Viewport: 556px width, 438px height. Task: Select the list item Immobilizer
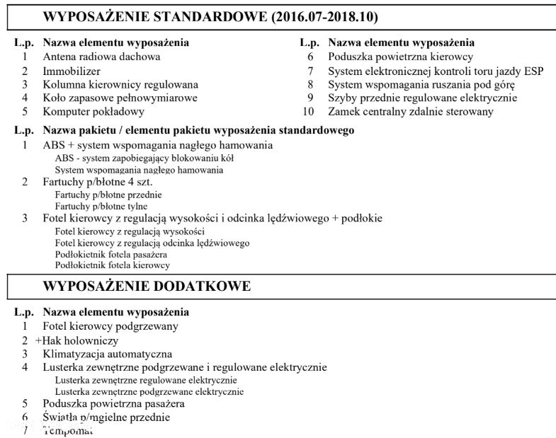(x=72, y=71)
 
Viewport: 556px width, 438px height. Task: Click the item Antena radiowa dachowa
(x=101, y=57)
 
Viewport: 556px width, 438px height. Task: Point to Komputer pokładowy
(x=93, y=111)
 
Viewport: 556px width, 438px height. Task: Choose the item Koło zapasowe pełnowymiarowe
(x=120, y=98)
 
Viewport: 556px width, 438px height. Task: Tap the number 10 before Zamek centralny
(x=307, y=111)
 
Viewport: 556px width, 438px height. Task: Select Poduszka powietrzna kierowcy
(x=401, y=57)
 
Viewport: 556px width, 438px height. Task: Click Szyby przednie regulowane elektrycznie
(x=422, y=98)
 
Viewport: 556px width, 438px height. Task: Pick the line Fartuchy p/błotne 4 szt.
(x=98, y=182)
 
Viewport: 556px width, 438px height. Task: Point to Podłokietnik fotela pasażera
(x=110, y=254)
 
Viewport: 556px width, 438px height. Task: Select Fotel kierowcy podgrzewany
(x=110, y=326)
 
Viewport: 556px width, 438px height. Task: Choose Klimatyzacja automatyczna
(x=108, y=354)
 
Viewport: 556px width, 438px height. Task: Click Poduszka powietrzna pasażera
(x=113, y=403)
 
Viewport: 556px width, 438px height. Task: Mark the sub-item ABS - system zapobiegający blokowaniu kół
(x=144, y=158)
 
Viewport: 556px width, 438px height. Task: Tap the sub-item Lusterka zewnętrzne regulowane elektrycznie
(x=146, y=380)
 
